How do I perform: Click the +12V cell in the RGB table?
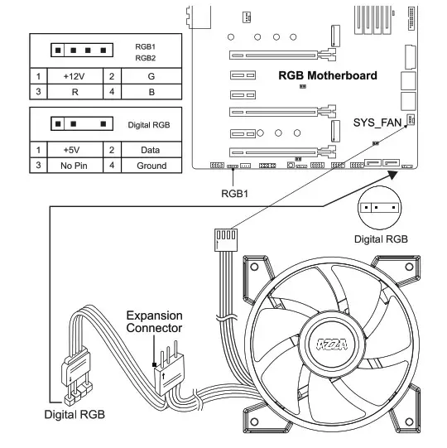click(x=74, y=76)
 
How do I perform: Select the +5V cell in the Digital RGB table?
click(x=74, y=150)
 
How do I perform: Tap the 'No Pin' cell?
click(x=74, y=166)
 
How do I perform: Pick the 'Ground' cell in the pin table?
click(x=151, y=166)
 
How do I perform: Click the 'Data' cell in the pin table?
click(x=151, y=150)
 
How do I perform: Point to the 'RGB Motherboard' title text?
click(x=328, y=75)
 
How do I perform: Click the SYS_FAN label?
click(x=377, y=123)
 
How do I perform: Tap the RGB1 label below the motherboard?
click(x=234, y=194)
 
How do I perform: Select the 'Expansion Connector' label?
click(x=154, y=321)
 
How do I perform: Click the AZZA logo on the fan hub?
click(x=332, y=344)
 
